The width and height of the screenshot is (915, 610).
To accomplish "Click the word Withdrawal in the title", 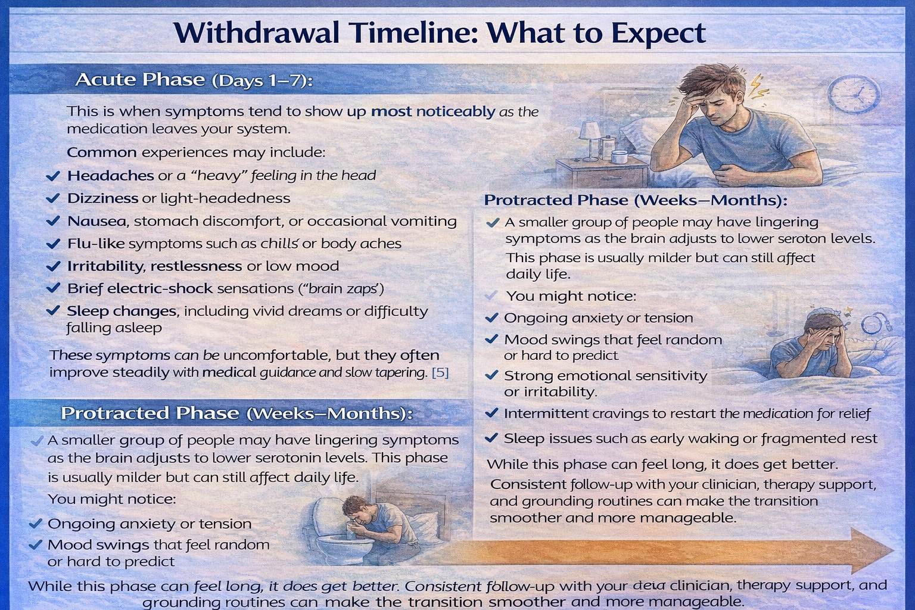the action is point(257,33).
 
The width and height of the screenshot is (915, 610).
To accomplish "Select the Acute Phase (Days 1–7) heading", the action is point(194,80).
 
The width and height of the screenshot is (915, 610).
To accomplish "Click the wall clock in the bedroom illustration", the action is point(854,94).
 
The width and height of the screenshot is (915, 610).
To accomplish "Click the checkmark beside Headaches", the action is point(53,176).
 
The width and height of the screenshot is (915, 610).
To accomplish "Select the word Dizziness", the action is point(102,198).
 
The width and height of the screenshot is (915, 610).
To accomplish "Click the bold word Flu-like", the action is point(96,244).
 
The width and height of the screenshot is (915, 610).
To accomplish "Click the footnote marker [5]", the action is point(440,373).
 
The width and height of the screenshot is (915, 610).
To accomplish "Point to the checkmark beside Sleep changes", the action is point(53,310).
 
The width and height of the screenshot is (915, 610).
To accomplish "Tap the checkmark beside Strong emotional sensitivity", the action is point(491,375).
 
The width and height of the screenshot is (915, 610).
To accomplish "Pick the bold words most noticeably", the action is point(433,111).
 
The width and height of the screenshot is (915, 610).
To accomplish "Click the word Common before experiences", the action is point(102,152).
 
